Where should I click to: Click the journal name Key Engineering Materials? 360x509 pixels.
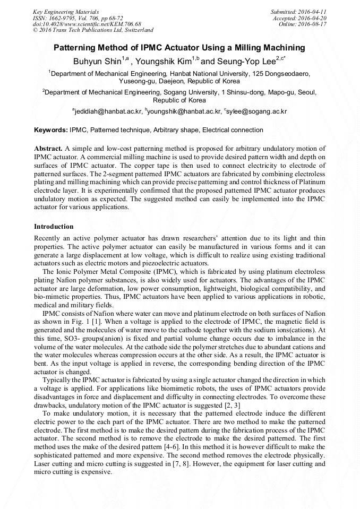pyautogui.click(x=66, y=11)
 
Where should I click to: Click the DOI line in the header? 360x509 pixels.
pyautogui.click(x=87, y=24)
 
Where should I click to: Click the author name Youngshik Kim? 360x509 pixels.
pyautogui.click(x=164, y=61)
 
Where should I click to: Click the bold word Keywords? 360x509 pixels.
pyautogui.click(x=51, y=130)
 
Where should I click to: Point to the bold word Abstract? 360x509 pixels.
pyautogui.click(x=49, y=149)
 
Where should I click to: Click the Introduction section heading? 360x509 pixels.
pyautogui.click(x=54, y=227)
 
